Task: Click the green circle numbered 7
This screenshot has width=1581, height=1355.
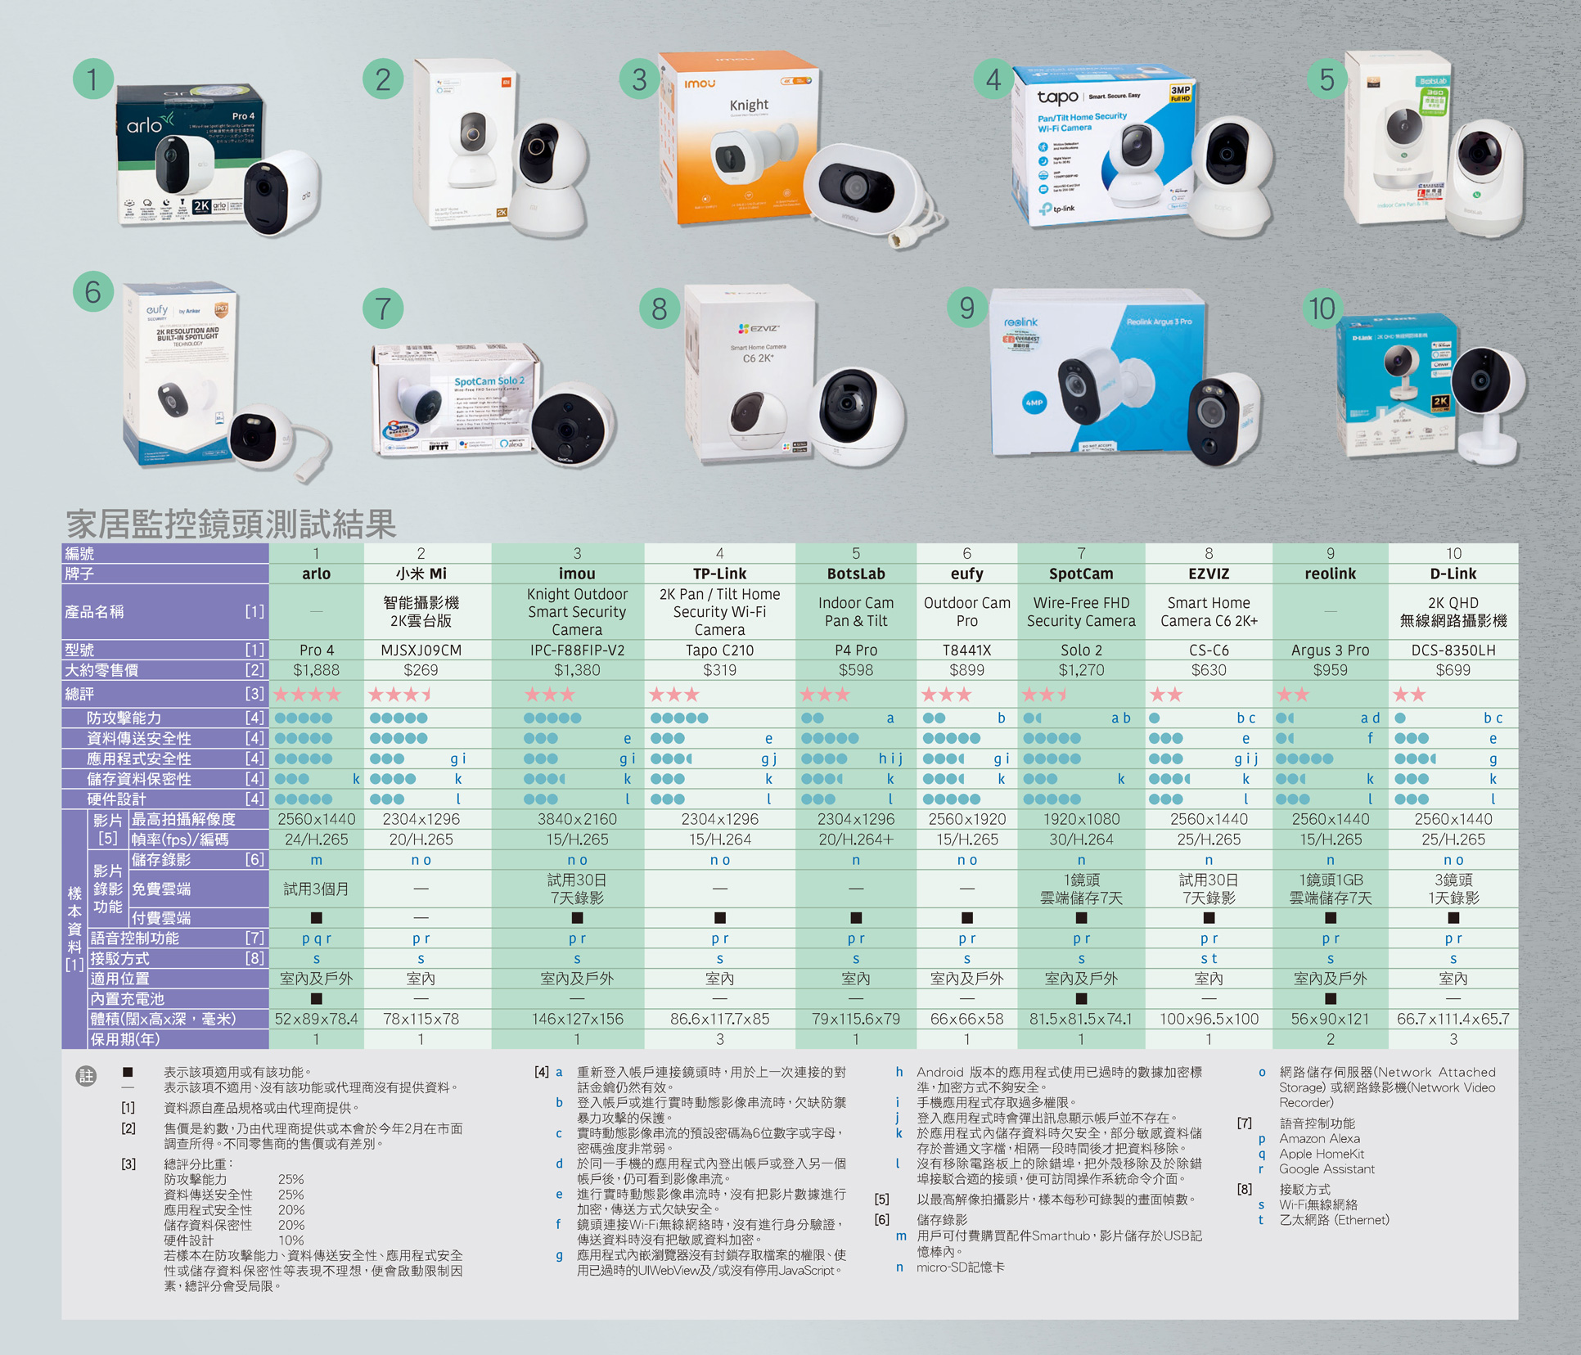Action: click(382, 308)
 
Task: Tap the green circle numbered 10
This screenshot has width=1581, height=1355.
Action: click(1322, 309)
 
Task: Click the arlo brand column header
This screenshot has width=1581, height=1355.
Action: click(316, 574)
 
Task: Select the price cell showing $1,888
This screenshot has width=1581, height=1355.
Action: click(316, 670)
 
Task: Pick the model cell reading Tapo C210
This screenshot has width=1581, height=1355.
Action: click(719, 650)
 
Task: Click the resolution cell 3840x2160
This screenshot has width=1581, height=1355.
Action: click(577, 819)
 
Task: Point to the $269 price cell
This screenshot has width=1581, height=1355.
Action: click(421, 670)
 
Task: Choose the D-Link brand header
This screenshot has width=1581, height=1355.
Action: click(1453, 574)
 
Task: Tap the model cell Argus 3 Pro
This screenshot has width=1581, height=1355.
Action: click(1330, 650)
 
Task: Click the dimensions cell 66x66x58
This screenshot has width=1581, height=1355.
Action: click(966, 1019)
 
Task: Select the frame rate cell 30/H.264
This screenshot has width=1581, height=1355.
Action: click(1081, 840)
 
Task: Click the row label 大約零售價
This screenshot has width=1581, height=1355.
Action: click(102, 670)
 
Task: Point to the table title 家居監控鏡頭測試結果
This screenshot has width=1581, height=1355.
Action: click(232, 524)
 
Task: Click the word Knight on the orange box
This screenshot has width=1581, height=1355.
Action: click(749, 105)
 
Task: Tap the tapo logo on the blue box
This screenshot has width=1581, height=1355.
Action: click(1057, 97)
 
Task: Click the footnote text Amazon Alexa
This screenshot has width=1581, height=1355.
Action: click(1319, 1138)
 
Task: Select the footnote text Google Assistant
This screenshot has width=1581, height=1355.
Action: click(1327, 1169)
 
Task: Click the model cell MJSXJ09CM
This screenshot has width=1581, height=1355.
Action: click(421, 650)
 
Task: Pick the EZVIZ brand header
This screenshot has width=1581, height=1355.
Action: click(1209, 574)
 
